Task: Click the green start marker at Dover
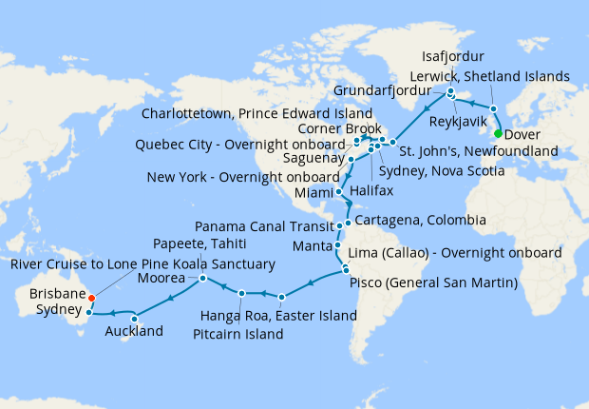coord(499,134)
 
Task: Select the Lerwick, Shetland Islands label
coord(488,75)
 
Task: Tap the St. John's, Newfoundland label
coord(476,151)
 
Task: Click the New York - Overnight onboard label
coord(243,177)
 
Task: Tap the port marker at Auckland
coord(135,318)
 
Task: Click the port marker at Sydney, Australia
coord(88,311)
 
